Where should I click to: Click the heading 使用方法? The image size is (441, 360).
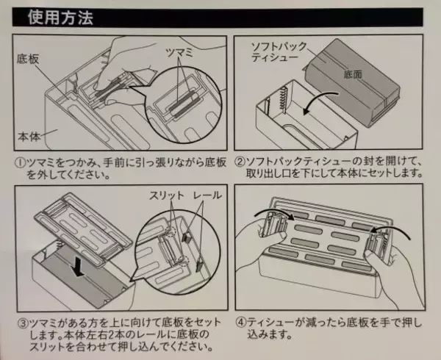(x=60, y=18)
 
